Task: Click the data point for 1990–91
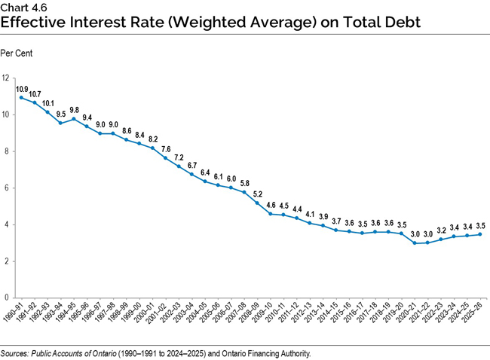click(21, 98)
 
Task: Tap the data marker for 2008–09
click(258, 203)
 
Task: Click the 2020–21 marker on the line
click(415, 243)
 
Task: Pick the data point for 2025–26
click(480, 234)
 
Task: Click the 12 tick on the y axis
click(6, 78)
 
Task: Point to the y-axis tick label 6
click(6, 188)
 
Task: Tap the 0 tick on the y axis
click(6, 298)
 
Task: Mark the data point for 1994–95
click(74, 118)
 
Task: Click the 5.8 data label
click(244, 182)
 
